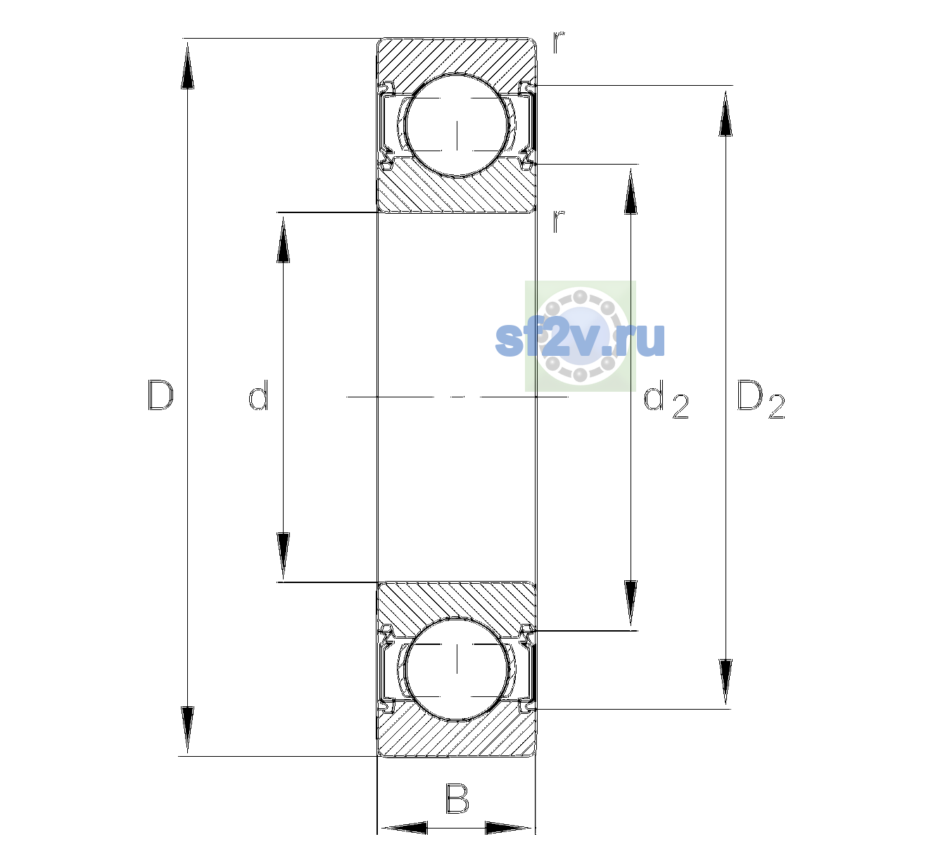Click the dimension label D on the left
pos(160,395)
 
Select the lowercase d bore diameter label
pos(258,395)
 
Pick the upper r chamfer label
pos(559,41)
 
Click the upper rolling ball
pos(457,126)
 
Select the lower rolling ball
pos(457,667)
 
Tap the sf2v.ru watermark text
pos(580,339)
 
